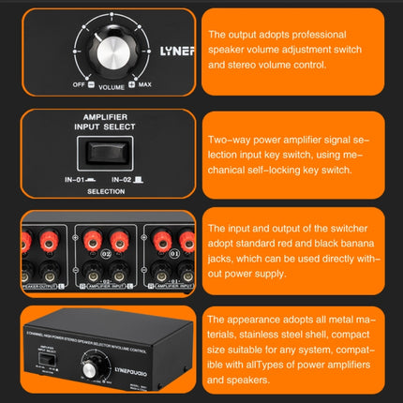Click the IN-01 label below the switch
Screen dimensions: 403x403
74,178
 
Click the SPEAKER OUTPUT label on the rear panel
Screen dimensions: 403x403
37,285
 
